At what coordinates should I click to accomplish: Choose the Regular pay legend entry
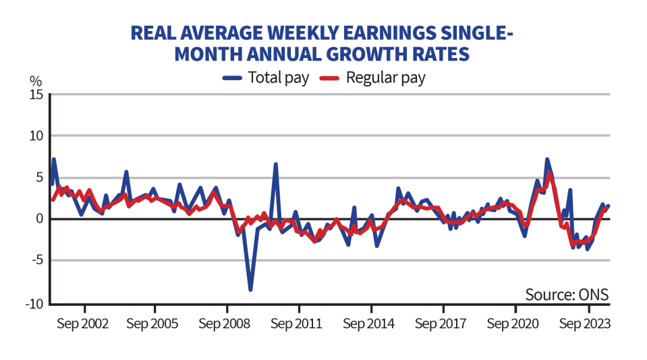[x=373, y=78]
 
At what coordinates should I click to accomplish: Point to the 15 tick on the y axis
[x=36, y=94]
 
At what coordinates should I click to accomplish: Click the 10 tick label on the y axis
[x=36, y=136]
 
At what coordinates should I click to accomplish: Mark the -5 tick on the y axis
[x=37, y=260]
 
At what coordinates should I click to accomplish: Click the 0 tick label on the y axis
[x=39, y=219]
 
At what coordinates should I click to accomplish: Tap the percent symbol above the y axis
[x=35, y=80]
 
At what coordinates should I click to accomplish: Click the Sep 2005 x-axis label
[x=152, y=323]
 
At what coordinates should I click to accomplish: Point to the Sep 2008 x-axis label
[x=225, y=323]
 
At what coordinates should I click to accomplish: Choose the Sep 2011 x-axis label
[x=296, y=323]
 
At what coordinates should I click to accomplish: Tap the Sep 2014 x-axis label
[x=368, y=323]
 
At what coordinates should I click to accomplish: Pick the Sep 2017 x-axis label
[x=440, y=323]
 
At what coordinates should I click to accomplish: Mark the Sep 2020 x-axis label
[x=512, y=323]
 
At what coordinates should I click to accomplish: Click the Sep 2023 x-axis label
[x=584, y=323]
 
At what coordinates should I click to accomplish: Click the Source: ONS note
[x=567, y=295]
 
